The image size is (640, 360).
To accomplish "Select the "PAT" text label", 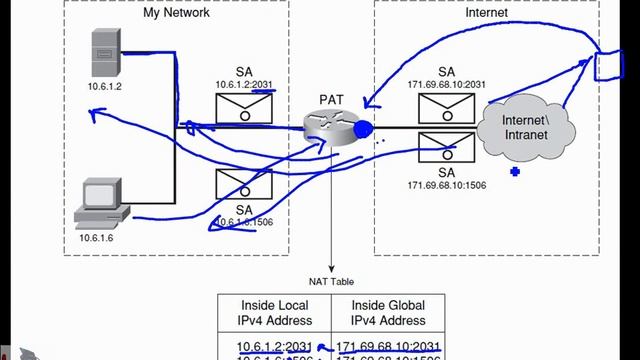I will [332, 100].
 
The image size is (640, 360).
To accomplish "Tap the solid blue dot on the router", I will [362, 129].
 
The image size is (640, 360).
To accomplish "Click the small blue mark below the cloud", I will [515, 172].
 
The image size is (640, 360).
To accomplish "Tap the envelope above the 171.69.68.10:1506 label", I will [446, 150].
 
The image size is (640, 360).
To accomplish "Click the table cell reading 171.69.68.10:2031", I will [389, 346].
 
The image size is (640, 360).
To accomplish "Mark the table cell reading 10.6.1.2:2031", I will [272, 346].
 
